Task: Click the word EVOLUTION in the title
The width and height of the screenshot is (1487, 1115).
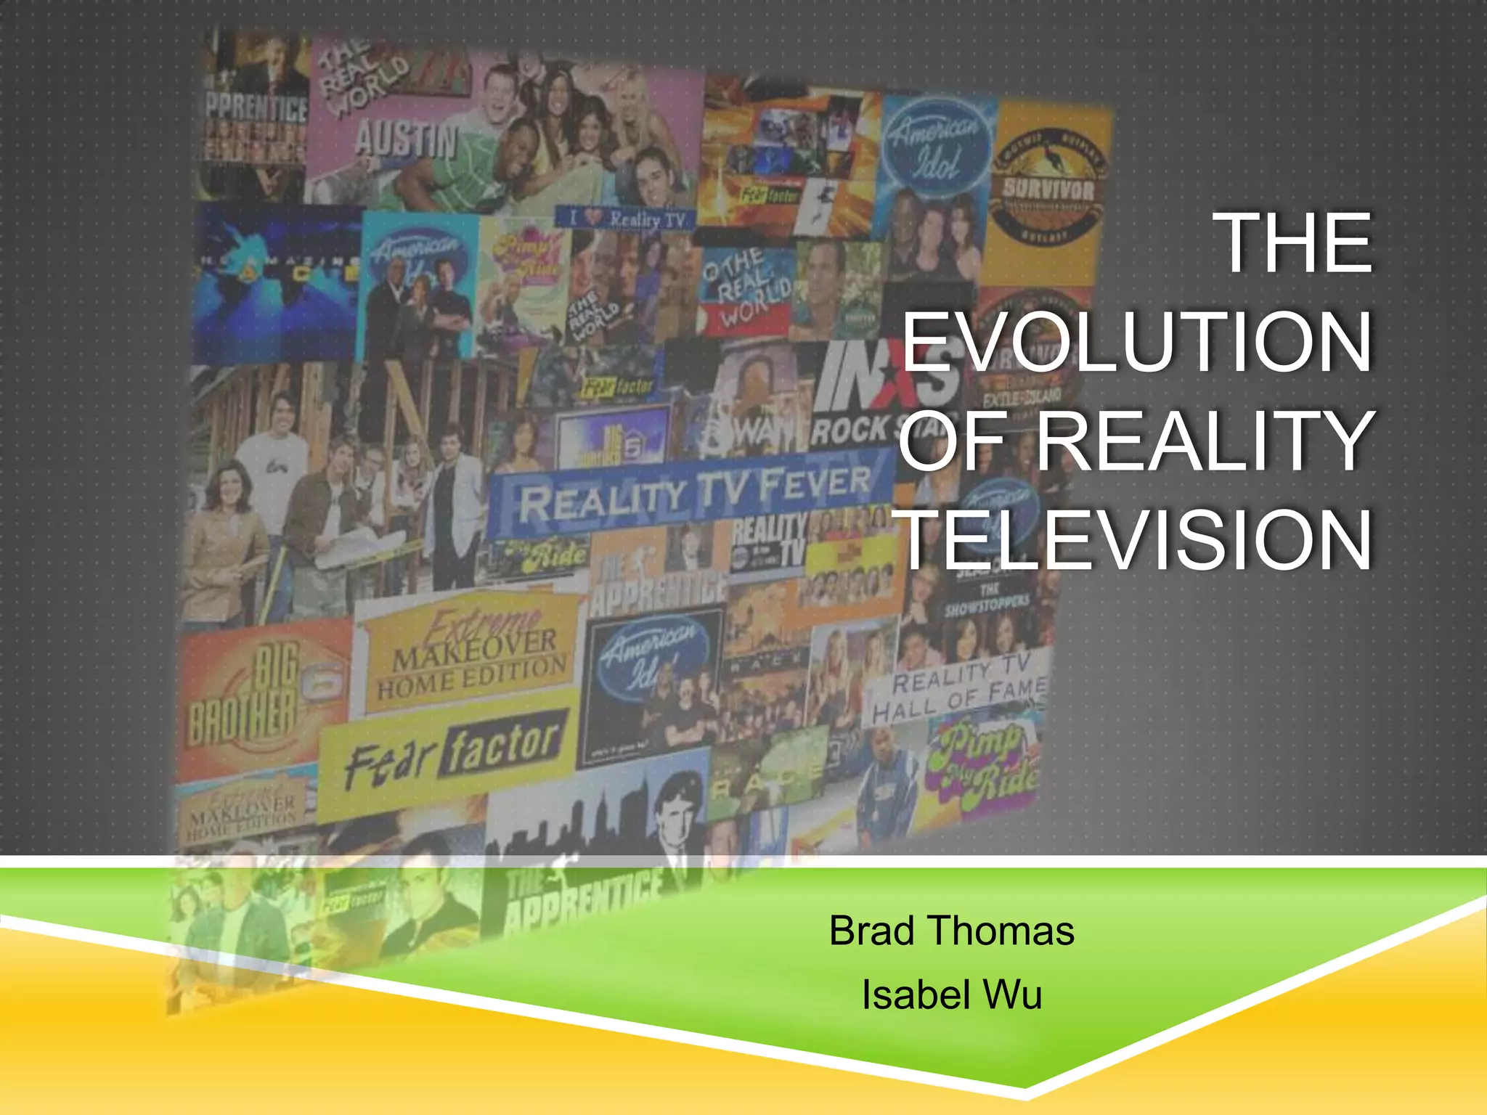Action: click(x=1137, y=341)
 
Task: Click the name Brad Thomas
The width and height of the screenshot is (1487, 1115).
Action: click(x=951, y=931)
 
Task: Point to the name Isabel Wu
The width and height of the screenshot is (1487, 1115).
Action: click(x=951, y=995)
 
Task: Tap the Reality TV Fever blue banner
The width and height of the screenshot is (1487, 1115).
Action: click(x=693, y=494)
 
